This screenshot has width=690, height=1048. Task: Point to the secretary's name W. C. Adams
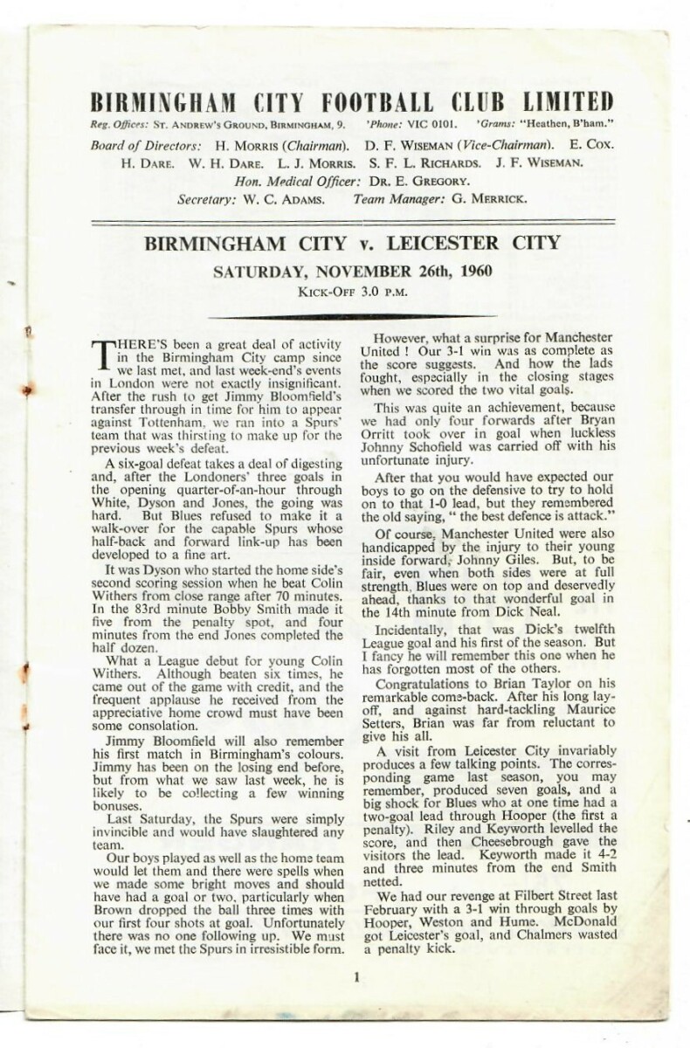pos(290,199)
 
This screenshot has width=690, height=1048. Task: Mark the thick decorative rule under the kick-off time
pos(354,316)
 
